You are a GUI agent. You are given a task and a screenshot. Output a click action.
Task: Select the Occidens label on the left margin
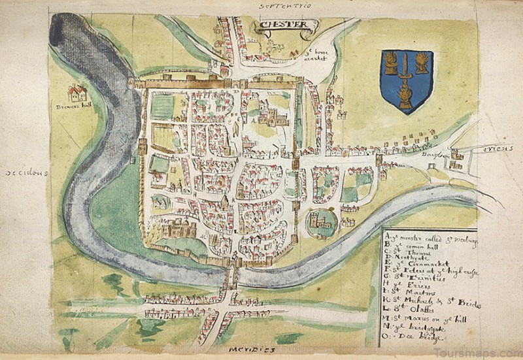(28, 174)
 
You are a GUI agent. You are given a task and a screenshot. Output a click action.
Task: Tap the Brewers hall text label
(77, 106)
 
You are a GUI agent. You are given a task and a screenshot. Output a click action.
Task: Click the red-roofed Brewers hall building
(77, 93)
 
